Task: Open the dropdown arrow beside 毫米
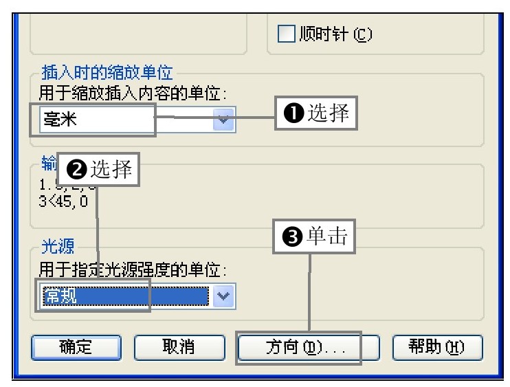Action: [x=223, y=119]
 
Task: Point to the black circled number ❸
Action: [x=291, y=238]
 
